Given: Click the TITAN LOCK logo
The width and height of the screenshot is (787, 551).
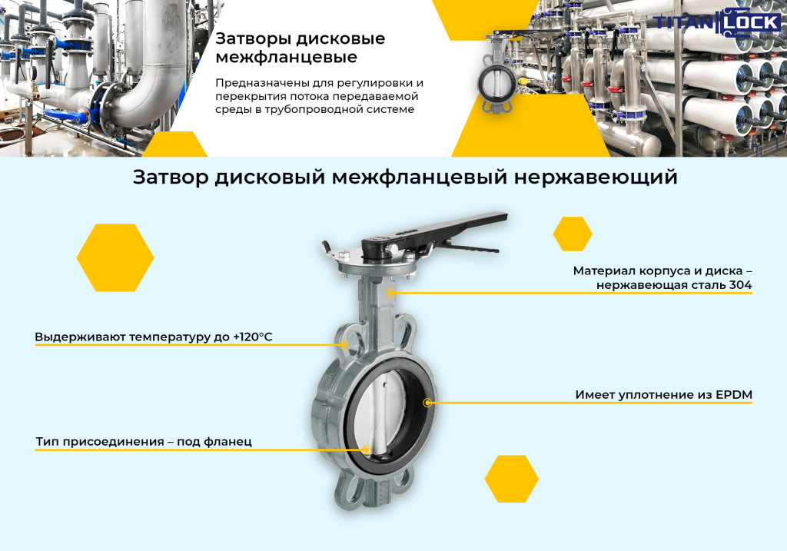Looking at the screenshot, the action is [x=717, y=22].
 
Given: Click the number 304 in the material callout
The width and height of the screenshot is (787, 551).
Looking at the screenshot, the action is [x=740, y=285].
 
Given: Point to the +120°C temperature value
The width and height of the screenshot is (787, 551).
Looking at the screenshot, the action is [x=252, y=337].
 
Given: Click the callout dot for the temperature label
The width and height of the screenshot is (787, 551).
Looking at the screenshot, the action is [x=344, y=345].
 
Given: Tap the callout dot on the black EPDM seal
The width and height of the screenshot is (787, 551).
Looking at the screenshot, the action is [x=427, y=403].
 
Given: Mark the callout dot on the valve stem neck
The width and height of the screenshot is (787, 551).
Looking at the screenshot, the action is [x=390, y=293].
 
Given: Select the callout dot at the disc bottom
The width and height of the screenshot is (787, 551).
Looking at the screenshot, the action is [x=367, y=450].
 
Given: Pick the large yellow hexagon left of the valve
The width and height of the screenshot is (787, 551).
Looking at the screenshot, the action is [x=115, y=257].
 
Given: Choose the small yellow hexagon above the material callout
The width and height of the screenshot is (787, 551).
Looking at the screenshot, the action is [x=573, y=234].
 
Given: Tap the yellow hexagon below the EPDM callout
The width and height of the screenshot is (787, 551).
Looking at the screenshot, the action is [x=511, y=479].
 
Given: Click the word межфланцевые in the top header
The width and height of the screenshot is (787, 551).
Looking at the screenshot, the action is [x=286, y=57].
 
